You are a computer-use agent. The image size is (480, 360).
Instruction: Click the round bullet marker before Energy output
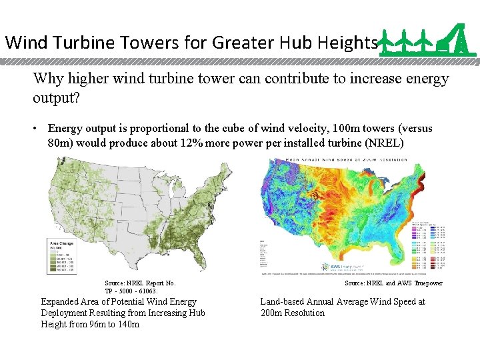tap(39, 128)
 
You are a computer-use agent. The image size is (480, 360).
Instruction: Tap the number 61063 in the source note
tap(147, 291)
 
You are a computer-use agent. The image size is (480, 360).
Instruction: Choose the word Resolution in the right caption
tap(303, 313)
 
